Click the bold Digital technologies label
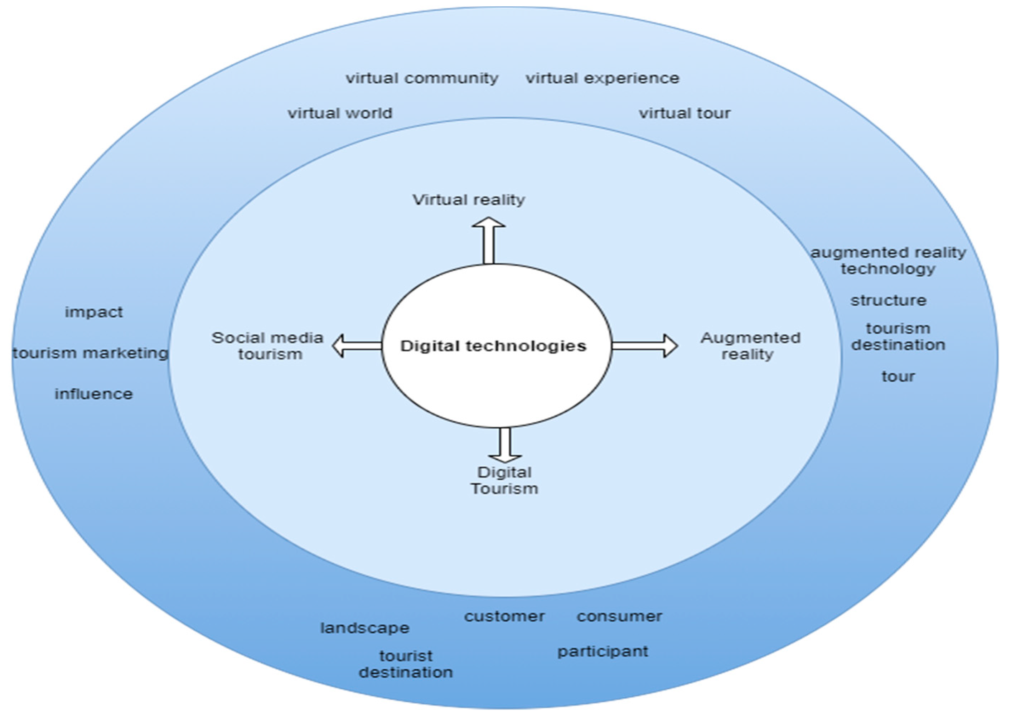click(493, 346)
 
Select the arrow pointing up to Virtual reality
click(489, 241)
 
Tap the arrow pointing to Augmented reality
click(644, 346)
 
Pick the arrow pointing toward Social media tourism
click(357, 346)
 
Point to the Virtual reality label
click(469, 200)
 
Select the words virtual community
click(422, 78)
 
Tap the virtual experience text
click(603, 78)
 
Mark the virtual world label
click(340, 113)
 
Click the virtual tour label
click(685, 113)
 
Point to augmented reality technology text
click(888, 261)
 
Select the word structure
click(888, 301)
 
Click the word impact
click(94, 312)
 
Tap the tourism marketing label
click(91, 353)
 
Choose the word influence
click(94, 394)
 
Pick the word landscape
click(365, 628)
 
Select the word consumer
click(619, 616)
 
